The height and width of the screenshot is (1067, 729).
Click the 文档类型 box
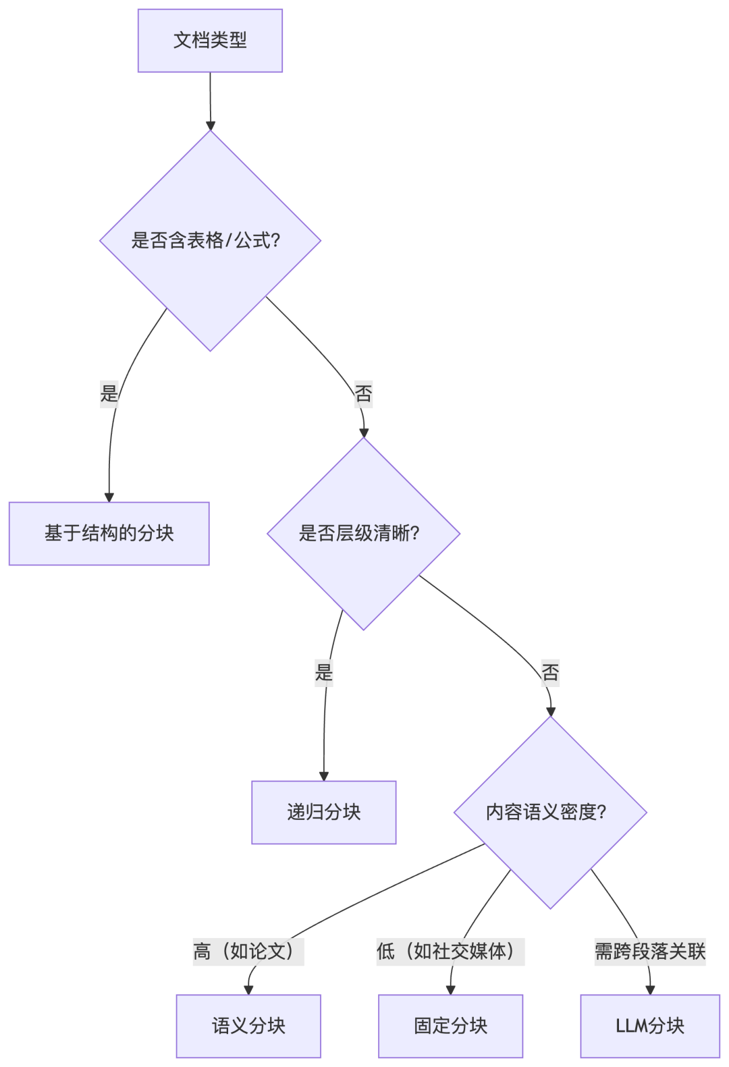210,40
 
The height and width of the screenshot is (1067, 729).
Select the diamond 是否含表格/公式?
210,240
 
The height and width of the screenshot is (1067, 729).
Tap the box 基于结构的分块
109,533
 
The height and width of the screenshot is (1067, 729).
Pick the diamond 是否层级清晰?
363,533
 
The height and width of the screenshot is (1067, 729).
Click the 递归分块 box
323,812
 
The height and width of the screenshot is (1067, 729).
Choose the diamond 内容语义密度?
550,812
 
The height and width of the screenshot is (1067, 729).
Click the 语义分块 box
248,1025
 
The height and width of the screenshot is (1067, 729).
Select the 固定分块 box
450,1025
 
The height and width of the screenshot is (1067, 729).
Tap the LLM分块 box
650,1025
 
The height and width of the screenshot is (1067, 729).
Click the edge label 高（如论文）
248,952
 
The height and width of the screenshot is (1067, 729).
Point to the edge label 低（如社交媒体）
450,952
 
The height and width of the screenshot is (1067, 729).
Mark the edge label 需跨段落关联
650,952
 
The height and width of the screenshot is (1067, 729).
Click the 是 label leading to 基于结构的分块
109,393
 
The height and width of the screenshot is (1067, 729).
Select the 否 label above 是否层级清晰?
363,393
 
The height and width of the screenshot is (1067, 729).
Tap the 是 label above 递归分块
324,672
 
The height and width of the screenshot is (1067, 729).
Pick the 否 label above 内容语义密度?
550,672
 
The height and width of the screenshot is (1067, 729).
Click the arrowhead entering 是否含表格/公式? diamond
211,126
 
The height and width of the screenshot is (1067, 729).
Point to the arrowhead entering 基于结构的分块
109,497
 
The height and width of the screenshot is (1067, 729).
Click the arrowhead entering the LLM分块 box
650,990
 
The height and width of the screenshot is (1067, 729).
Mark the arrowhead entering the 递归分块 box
323,777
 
